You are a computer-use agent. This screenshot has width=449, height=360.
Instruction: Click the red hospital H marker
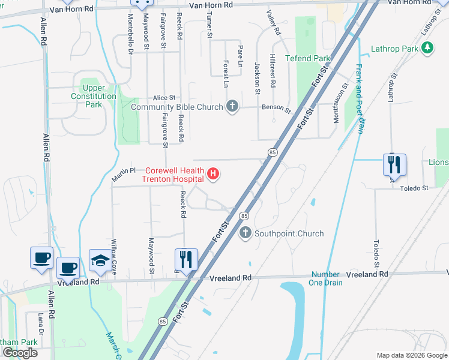pos(212,175)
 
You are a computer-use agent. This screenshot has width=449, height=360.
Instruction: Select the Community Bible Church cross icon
pos(232,107)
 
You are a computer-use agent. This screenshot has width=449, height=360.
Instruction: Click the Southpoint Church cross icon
pos(245,233)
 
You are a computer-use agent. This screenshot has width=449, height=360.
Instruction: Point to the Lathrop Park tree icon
pos(427,48)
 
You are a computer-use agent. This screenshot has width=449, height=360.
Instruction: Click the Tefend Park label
pos(308,58)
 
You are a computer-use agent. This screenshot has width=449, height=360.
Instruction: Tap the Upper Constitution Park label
pos(93,96)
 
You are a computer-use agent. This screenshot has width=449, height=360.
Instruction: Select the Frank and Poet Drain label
pos(360,98)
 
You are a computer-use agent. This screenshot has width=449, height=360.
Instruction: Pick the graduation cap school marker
pos(100,260)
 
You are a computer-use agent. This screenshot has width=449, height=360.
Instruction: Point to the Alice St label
pos(164,97)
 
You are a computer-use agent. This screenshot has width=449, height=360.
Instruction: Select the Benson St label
pos(276,110)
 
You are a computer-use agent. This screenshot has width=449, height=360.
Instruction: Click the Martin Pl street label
pos(124,174)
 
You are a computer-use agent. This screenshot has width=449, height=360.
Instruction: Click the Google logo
pos(20,353)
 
